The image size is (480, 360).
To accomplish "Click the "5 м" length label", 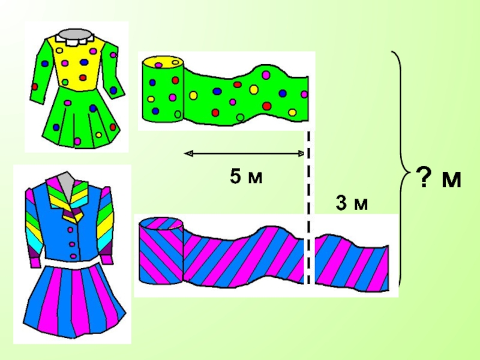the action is coord(246,176).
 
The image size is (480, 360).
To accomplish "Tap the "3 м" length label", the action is coord(352,203).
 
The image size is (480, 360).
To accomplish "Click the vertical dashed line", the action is coord(308,208).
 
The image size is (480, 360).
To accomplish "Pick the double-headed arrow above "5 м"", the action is coord(244,153).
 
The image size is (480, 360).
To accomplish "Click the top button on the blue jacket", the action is coord(70,230).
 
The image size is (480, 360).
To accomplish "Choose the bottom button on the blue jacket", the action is coord(73,256).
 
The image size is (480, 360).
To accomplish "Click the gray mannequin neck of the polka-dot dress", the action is coord(76,34).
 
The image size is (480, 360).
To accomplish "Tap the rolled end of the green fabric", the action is coord(163,89).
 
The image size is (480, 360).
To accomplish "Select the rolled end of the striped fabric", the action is coord(161,250).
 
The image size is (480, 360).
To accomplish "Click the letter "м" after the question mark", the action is coord(451,179).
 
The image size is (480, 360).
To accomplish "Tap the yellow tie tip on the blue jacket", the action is coord(73,216).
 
